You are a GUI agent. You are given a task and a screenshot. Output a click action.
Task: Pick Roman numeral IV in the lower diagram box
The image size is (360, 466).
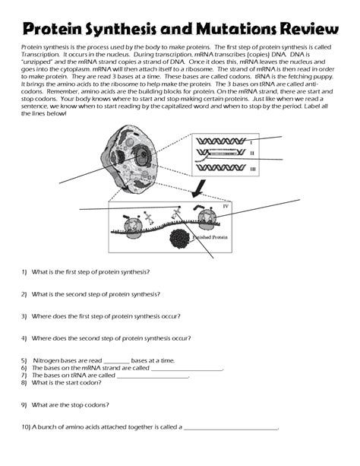[225, 206]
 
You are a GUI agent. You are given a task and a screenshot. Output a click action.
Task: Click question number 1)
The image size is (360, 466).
[24, 271]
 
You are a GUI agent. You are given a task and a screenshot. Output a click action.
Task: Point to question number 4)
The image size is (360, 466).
[24, 337]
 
